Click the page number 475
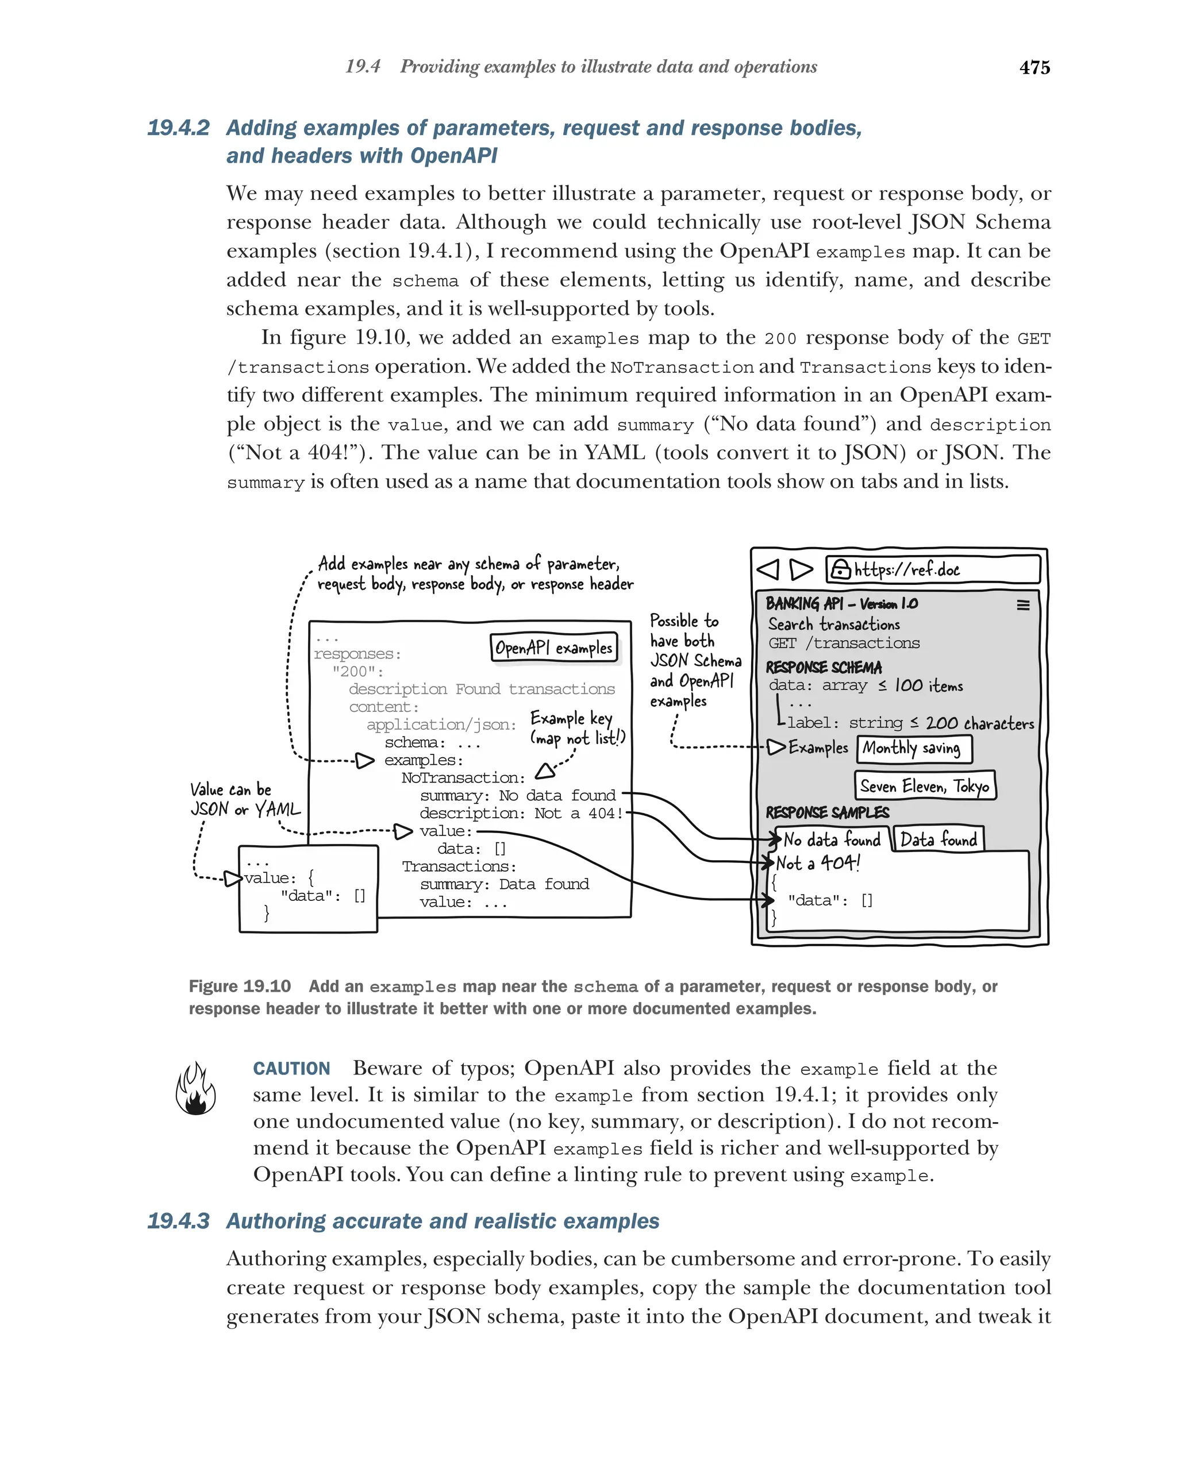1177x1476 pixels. pyautogui.click(x=1034, y=68)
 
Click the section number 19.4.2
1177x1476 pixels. pyautogui.click(x=178, y=128)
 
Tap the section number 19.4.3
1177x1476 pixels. pyautogui.click(x=178, y=1221)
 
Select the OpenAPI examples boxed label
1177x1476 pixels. pyautogui.click(x=553, y=648)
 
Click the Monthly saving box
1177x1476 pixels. pyautogui.click(x=914, y=748)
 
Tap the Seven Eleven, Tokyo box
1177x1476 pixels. pyautogui.click(x=924, y=786)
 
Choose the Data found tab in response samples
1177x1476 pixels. pyautogui.click(x=938, y=839)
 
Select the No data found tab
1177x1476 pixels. pyautogui.click(x=832, y=839)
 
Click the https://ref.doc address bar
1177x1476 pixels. pyautogui.click(x=933, y=569)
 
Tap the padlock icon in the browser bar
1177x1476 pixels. pyautogui.click(x=840, y=569)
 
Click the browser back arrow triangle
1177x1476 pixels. pyautogui.click(x=768, y=569)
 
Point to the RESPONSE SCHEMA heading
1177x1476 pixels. pyautogui.click(x=823, y=668)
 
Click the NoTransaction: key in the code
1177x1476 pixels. pyautogui.click(x=463, y=778)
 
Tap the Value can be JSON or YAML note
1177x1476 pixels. pyautogui.click(x=244, y=800)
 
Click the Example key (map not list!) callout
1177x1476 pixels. pyautogui.click(x=576, y=728)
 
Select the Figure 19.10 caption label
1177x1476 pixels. pyautogui.click(x=240, y=986)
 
